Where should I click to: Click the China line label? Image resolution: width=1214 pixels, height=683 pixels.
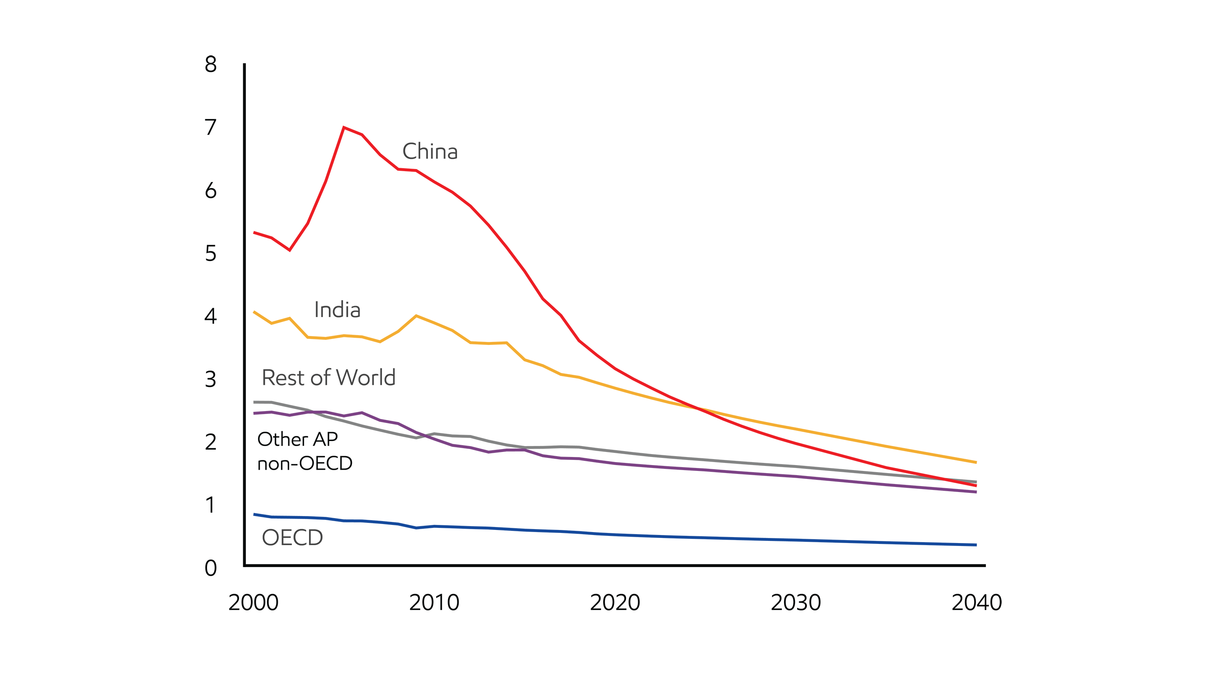click(x=430, y=151)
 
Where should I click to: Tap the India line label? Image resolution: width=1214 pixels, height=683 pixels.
click(x=337, y=310)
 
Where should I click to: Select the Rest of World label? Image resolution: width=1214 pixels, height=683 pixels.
click(x=328, y=378)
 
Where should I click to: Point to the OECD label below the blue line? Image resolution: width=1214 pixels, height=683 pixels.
click(x=292, y=538)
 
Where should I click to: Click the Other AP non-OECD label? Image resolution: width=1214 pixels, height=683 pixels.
click(x=304, y=451)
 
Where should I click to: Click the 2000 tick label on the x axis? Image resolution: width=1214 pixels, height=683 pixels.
click(x=253, y=602)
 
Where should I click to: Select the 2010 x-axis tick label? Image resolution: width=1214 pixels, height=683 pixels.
click(x=434, y=602)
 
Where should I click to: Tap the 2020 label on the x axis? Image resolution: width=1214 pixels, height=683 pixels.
click(x=615, y=602)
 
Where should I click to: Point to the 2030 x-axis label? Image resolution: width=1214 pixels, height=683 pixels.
click(x=795, y=602)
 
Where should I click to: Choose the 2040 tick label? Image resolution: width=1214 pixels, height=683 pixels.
click(x=977, y=602)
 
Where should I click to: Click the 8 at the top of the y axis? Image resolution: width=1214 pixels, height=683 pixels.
click(x=211, y=64)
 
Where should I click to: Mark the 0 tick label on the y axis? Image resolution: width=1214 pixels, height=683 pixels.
click(x=211, y=568)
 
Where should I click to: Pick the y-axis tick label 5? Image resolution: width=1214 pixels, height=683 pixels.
click(x=211, y=253)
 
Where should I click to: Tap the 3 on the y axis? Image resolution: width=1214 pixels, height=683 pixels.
click(x=211, y=379)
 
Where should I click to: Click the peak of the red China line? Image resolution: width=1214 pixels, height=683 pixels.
click(x=344, y=127)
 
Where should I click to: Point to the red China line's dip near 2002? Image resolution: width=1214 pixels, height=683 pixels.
click(x=289, y=250)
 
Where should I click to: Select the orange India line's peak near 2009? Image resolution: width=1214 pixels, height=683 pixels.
click(x=416, y=315)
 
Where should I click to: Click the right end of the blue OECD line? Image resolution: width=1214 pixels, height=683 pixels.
click(x=975, y=545)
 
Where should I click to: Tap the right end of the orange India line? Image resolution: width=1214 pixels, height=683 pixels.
click(x=975, y=462)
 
